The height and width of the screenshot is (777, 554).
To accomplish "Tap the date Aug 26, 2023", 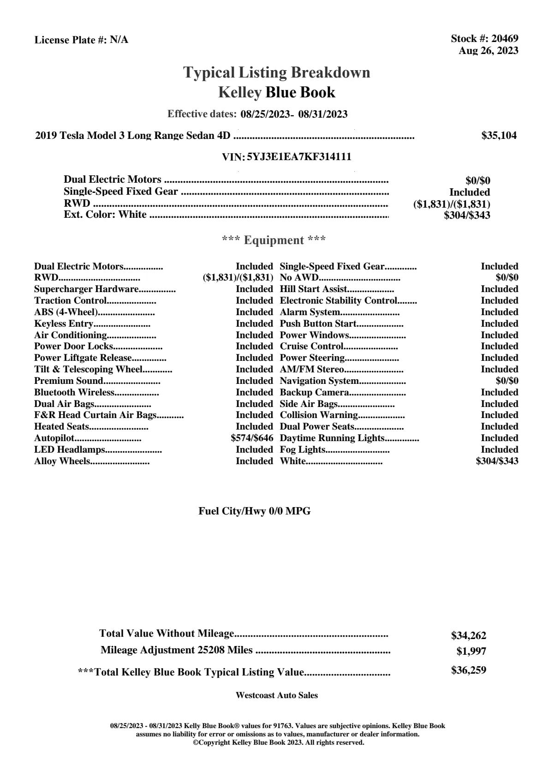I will point(488,51).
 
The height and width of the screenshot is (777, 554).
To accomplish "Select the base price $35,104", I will point(499,136).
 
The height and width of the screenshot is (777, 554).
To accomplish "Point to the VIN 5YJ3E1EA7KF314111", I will point(299,157).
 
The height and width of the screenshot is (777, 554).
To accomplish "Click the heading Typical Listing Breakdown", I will point(277,72).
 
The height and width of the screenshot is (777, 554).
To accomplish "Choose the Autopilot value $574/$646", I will point(252,438).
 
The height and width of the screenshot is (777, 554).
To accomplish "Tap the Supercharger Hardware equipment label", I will point(86,289).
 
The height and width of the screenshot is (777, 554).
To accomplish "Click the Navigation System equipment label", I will point(319,381).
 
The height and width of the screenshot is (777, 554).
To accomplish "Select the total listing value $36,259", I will point(469,670).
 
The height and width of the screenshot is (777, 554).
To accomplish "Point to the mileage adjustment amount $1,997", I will point(471,651).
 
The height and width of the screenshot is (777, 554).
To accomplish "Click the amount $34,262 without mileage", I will point(469,636).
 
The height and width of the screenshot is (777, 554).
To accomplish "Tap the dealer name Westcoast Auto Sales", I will point(277,695).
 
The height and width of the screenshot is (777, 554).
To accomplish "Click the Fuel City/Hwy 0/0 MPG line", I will point(255,511).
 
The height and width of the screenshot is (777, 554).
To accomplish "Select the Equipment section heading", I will point(274,240).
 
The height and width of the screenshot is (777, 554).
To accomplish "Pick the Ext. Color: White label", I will point(105,215).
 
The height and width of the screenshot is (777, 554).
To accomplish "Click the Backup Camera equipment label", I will point(314,393).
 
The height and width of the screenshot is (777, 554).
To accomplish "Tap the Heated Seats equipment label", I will point(61,427).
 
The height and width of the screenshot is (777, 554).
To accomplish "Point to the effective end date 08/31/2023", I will point(323,114).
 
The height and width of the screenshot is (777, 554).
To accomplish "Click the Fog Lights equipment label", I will point(303,450).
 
